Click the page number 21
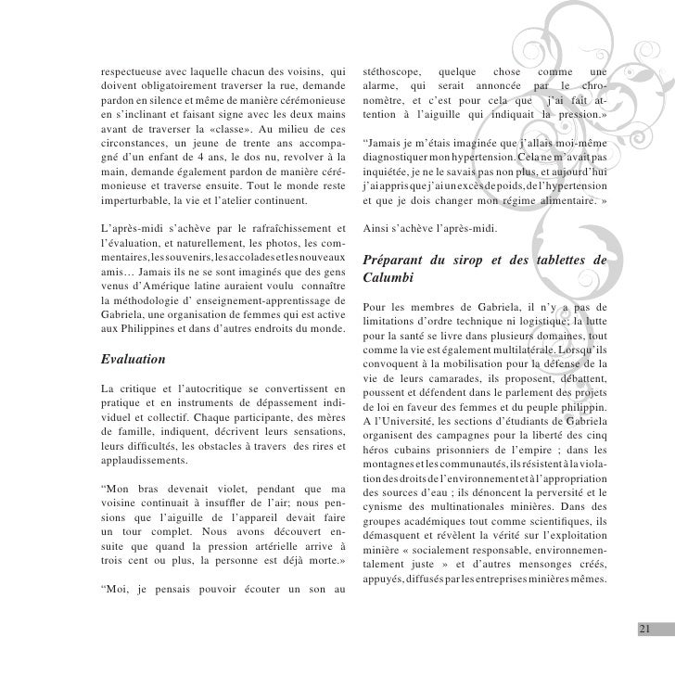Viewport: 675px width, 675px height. click(x=645, y=630)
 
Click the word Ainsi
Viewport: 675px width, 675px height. click(x=379, y=229)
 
